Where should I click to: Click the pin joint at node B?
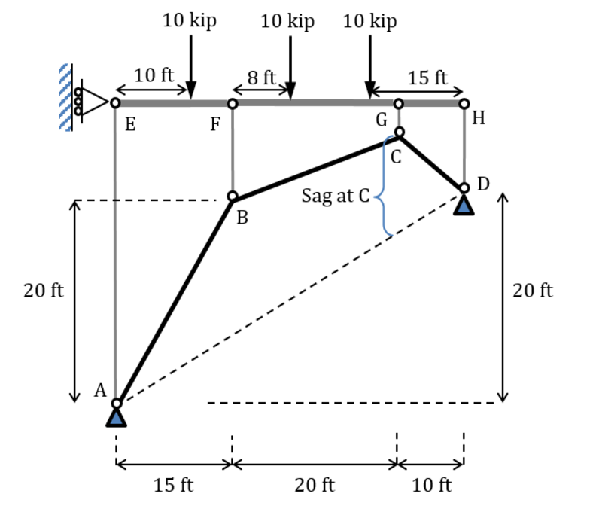tap(233, 197)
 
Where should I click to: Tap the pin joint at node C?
tap(400, 133)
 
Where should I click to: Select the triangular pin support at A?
tap(116, 416)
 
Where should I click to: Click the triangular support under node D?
tap(464, 203)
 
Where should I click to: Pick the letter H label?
tap(479, 118)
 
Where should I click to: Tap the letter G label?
tap(382, 119)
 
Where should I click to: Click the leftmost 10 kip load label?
tap(190, 20)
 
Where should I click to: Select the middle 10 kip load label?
tap(287, 20)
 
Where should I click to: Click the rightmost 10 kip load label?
tap(369, 20)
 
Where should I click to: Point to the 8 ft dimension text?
tap(262, 77)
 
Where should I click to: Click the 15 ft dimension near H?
tap(427, 77)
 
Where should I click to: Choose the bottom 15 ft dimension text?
tap(173, 485)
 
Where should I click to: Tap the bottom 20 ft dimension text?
tap(315, 485)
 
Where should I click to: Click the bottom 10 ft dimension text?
tap(432, 485)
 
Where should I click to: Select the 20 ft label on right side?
tap(533, 291)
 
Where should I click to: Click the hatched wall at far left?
tap(65, 98)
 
